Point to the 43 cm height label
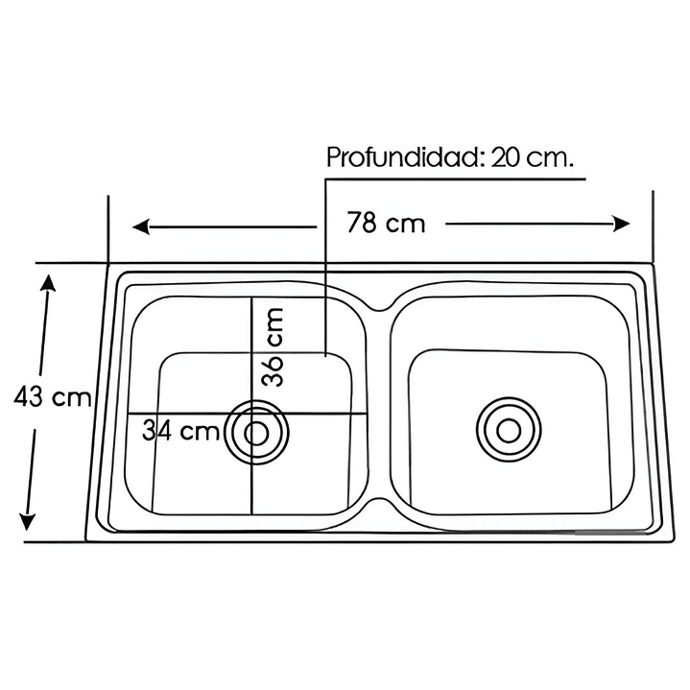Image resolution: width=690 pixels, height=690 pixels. [53, 396]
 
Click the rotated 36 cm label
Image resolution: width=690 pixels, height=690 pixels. [274, 346]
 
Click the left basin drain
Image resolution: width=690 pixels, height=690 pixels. [257, 433]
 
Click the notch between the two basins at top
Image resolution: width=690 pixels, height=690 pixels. [381, 306]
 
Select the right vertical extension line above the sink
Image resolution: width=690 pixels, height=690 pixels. [654, 226]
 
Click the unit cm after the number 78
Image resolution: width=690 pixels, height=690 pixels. [406, 225]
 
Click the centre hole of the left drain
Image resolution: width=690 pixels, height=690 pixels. [257, 433]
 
